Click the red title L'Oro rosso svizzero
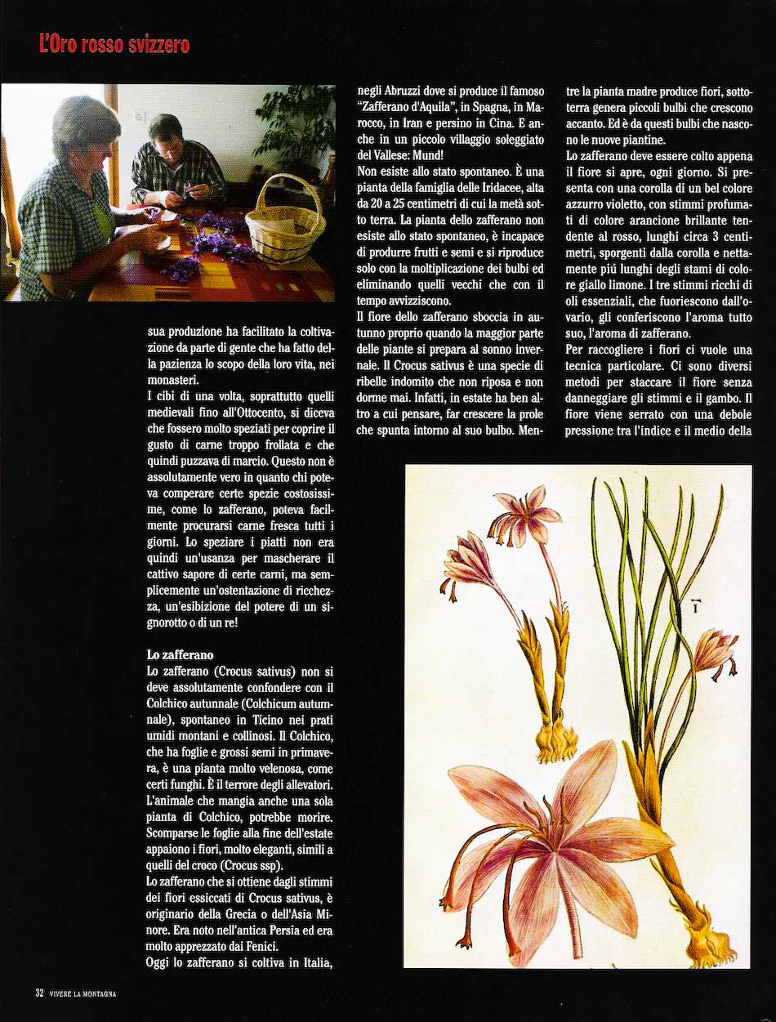114,45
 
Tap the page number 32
38,993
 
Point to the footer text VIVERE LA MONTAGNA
82,993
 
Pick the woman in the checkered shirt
69,196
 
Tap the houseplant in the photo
298,123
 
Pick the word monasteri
176,379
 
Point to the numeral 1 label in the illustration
695,605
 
